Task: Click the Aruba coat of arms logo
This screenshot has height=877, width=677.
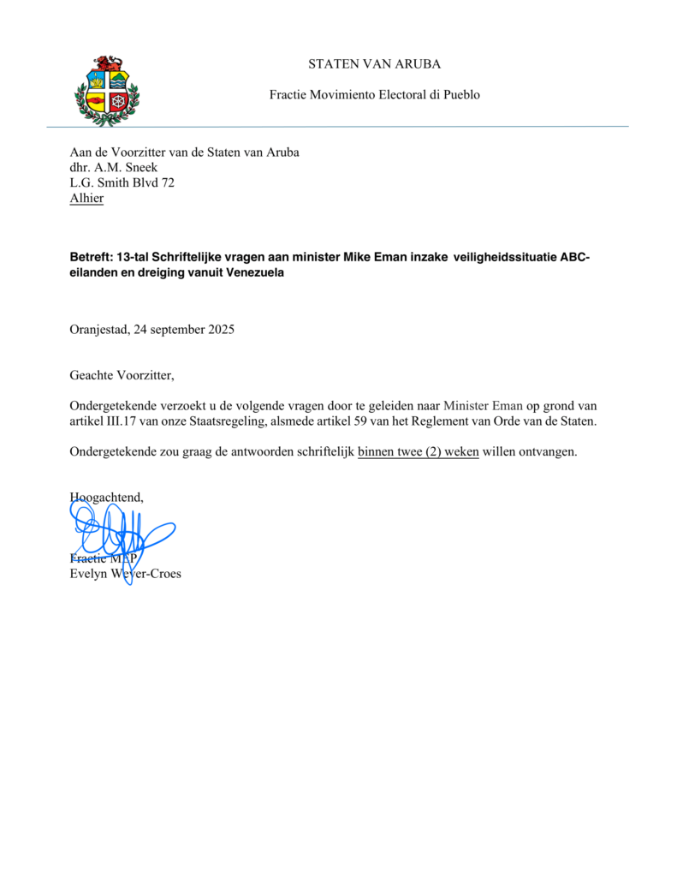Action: pos(107,90)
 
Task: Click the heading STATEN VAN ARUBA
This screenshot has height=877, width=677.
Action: pos(375,64)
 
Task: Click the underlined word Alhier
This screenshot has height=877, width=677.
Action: pos(86,198)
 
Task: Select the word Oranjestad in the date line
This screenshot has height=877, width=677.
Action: pos(98,329)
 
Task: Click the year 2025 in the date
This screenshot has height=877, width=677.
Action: pos(220,329)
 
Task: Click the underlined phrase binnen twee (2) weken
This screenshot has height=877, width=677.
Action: pos(419,452)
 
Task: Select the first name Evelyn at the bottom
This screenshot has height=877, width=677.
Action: pos(88,574)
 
